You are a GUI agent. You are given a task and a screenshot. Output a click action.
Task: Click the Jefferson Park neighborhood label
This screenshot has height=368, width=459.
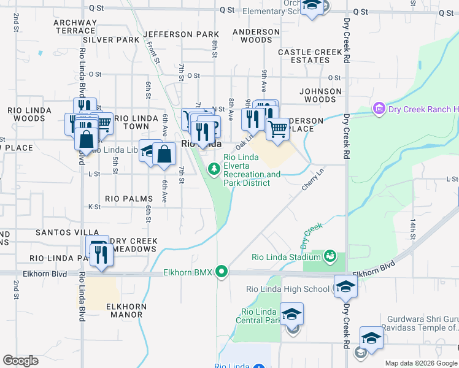pos(181,34)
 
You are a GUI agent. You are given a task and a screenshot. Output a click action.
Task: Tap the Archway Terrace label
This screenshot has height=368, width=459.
pos(75,26)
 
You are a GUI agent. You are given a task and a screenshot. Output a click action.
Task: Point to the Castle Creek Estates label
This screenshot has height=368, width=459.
pos(310,56)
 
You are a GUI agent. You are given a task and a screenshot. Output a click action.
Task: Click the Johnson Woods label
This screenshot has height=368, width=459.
pos(320,95)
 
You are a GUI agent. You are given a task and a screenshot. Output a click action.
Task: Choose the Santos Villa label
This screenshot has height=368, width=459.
pos(63,233)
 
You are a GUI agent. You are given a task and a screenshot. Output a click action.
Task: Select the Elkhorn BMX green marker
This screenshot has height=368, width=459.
pos(223,271)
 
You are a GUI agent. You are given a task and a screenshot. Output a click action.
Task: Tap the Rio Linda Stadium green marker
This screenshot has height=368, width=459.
pos(330,255)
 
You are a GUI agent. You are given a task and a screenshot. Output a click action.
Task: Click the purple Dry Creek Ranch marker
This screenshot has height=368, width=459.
pos(379,110)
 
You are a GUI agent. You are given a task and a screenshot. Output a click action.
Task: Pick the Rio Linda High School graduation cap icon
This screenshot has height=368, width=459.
pos(345,286)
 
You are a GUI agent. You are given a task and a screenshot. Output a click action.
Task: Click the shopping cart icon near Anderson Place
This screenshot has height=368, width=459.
pos(277,129)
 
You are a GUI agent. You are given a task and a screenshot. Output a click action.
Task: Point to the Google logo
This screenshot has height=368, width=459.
pos(20,361)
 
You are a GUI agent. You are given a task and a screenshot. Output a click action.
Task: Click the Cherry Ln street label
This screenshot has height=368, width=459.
pos(312,178)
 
